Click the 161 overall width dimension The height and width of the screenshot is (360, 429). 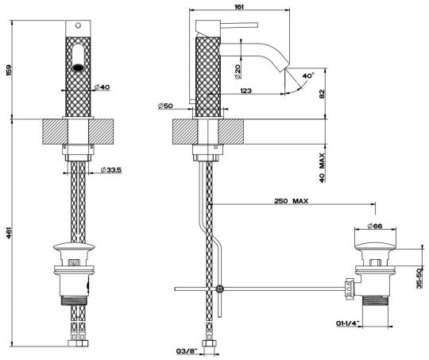point(239,7)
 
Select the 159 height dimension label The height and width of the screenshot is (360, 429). point(9,71)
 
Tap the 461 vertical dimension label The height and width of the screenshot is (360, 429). point(9,232)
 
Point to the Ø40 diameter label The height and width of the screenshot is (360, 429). point(102,87)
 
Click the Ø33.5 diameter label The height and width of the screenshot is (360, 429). point(110,170)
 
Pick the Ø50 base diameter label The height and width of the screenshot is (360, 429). point(165,106)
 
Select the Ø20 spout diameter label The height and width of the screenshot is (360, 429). point(238,72)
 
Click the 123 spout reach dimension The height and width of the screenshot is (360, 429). point(245,91)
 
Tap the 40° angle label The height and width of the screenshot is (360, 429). point(308,75)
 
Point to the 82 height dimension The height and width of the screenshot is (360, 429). point(322,94)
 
